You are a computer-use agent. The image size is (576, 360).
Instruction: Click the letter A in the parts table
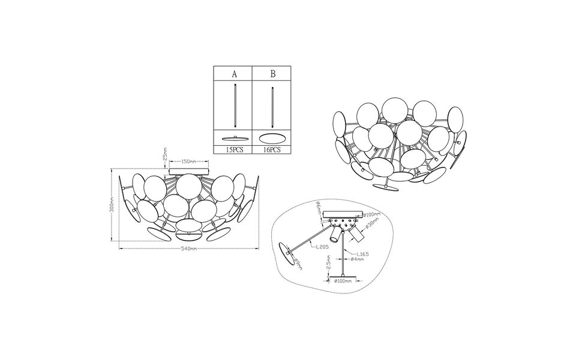(233, 75)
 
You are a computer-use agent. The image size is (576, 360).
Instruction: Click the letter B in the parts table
(273, 75)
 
